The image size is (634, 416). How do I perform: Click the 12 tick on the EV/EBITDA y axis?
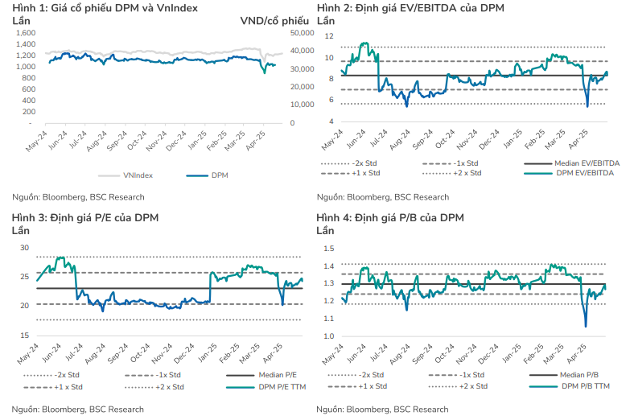328,36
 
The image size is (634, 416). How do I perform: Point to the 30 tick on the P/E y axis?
23,247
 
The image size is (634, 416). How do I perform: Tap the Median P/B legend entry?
580,375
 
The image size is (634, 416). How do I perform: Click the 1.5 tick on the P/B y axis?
328,247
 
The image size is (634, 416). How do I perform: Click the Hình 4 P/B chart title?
390,217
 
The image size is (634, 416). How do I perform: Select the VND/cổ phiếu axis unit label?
275,20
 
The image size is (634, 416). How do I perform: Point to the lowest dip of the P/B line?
586,326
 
